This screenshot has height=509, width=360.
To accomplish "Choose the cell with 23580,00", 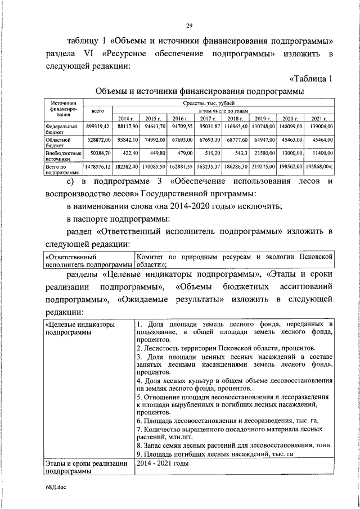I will (x=263, y=153).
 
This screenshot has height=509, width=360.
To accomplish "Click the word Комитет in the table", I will (x=151, y=257).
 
